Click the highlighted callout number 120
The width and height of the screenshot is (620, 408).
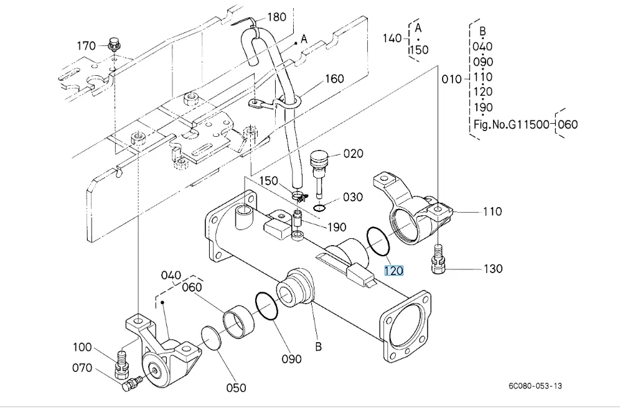click(393, 271)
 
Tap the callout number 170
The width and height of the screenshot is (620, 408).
click(86, 45)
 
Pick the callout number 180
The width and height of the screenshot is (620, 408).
click(277, 17)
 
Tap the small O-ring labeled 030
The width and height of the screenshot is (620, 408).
click(319, 207)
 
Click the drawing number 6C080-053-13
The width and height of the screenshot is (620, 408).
click(535, 386)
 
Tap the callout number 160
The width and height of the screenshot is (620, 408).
click(334, 79)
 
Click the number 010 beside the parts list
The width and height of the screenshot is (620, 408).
click(451, 79)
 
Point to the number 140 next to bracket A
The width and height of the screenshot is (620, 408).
click(392, 39)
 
